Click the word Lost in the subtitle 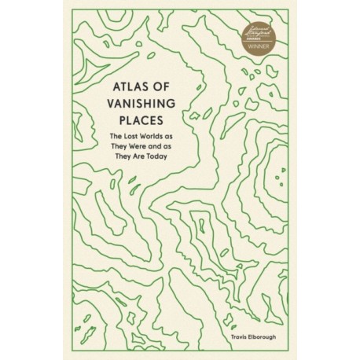135,139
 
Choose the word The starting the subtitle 119,139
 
